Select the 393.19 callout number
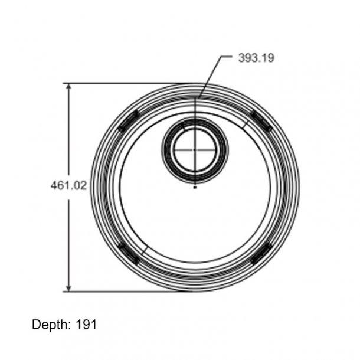tap(256, 58)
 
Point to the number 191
tap(86, 325)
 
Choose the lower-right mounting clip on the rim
tap(260, 253)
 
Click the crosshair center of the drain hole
tap(194, 150)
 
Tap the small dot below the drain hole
tap(194, 188)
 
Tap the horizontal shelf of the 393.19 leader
tap(227, 58)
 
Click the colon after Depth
tap(71, 325)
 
